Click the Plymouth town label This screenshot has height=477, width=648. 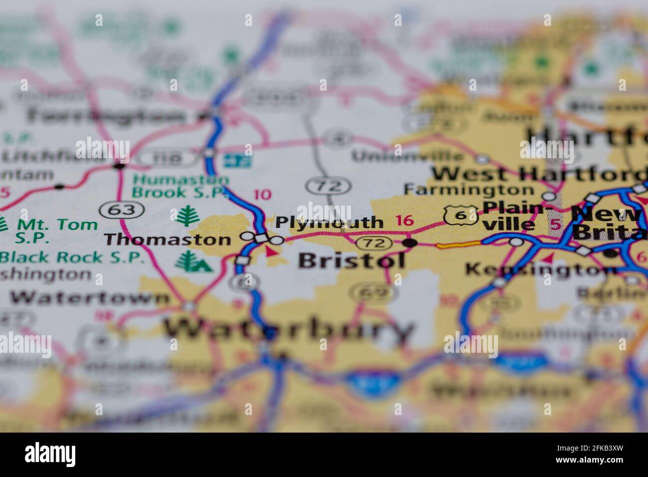(329, 222)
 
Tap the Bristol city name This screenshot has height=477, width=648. (351, 260)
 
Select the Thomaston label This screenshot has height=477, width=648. (167, 239)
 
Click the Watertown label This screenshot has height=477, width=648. (90, 298)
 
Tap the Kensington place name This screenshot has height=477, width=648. (541, 270)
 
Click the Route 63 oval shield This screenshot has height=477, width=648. (122, 210)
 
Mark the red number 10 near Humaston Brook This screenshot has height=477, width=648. (263, 195)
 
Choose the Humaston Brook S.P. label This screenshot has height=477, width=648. (181, 186)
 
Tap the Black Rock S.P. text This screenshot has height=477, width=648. (72, 257)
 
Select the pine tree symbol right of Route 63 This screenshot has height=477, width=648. (188, 216)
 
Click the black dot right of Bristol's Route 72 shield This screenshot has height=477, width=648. (410, 243)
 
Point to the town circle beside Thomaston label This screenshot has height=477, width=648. (246, 236)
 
